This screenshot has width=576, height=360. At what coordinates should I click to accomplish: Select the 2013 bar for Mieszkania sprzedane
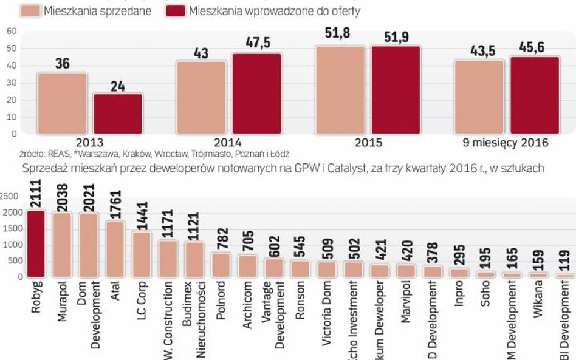click(x=62, y=103)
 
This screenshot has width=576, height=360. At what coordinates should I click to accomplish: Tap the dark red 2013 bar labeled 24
click(x=118, y=114)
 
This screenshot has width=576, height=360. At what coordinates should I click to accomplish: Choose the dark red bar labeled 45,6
click(x=535, y=95)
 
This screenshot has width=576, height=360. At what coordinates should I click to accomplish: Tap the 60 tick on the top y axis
click(x=11, y=31)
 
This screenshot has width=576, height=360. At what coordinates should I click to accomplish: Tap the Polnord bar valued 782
click(x=221, y=265)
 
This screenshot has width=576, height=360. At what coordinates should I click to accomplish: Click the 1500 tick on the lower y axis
click(x=10, y=229)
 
